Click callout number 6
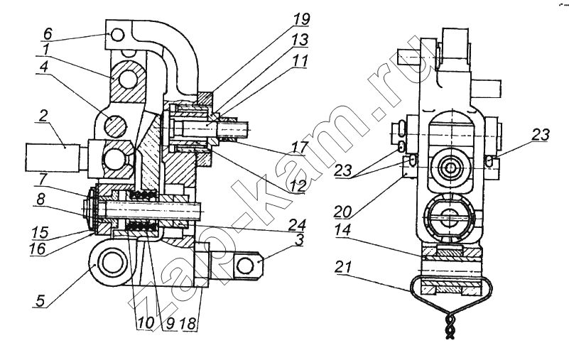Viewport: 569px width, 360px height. pos(48,33)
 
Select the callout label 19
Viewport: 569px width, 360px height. pos(302,19)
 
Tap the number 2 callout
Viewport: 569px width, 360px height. pos(43,116)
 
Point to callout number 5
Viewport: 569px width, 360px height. pos(40,300)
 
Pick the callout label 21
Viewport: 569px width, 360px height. pos(344,268)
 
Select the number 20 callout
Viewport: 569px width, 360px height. pos(343,212)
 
